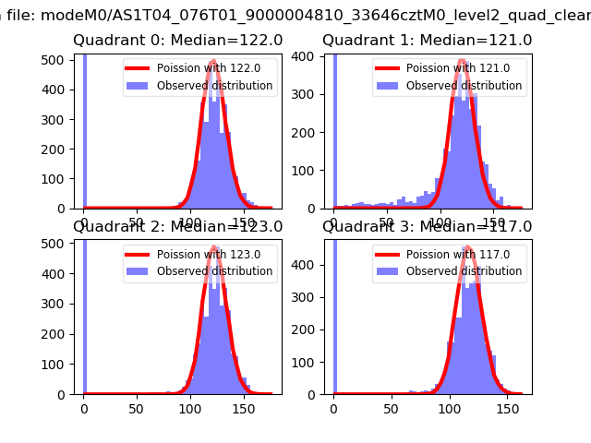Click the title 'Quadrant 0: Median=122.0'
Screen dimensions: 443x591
point(178,41)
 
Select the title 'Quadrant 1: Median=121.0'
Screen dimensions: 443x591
point(427,41)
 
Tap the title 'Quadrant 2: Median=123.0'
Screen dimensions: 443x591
point(178,226)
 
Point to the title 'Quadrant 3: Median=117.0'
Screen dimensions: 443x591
point(427,226)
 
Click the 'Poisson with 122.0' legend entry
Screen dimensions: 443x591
point(209,69)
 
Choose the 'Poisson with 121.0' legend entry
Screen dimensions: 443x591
point(458,69)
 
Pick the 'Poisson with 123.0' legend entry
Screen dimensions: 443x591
point(209,255)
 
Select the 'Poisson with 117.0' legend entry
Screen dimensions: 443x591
point(458,255)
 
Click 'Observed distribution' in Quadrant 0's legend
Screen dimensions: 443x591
point(214,86)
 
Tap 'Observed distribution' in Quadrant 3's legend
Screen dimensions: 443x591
point(464,271)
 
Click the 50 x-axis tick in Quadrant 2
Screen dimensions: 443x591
point(137,407)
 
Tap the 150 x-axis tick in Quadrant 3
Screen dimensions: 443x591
point(493,407)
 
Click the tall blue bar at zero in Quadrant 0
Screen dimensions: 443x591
point(85,129)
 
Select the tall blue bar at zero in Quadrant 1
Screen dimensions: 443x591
point(334,129)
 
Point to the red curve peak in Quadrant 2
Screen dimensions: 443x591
point(214,247)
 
